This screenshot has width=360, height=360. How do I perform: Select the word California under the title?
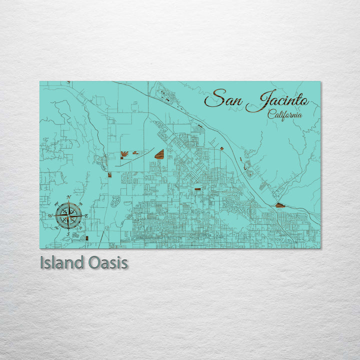click(284, 114)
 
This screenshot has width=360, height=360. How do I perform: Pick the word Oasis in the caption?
click(109, 262)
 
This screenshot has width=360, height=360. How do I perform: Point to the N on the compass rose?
click(68, 197)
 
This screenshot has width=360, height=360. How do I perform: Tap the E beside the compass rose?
click(86, 215)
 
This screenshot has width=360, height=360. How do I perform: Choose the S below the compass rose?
click(68, 233)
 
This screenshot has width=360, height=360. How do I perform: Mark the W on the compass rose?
click(50, 215)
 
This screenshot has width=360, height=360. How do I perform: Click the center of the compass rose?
click(68, 215)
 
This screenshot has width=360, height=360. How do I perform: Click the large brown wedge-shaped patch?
click(159, 154)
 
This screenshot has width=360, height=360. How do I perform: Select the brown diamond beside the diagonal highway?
click(221, 148)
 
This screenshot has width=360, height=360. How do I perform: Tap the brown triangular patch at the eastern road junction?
click(279, 205)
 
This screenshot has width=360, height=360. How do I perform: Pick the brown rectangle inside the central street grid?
click(197, 189)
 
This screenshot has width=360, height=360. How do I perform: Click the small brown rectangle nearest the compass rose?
click(87, 238)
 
